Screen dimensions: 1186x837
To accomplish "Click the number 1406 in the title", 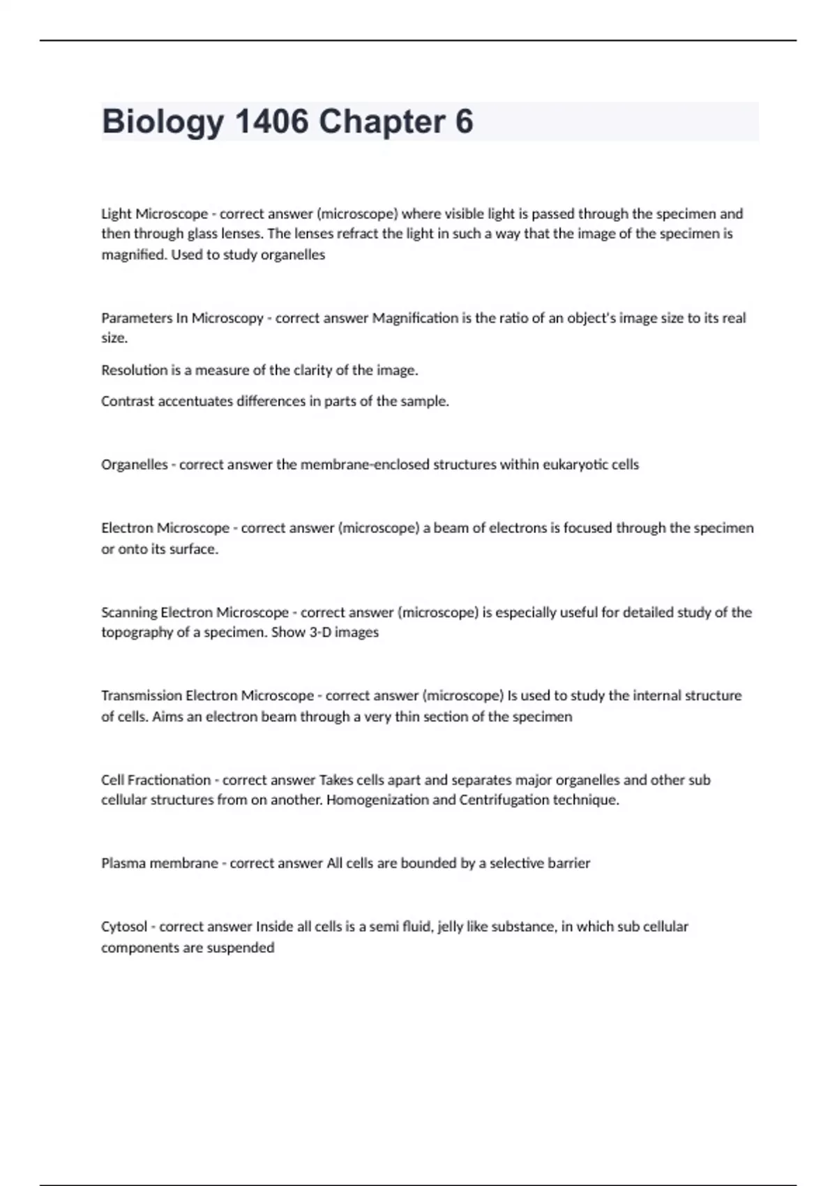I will [x=272, y=122].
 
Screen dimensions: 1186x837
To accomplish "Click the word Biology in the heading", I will [x=163, y=122].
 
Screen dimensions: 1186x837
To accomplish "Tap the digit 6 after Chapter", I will [x=464, y=122].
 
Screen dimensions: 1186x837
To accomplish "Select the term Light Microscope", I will [x=154, y=213].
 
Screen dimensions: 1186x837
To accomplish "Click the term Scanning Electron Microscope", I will [x=195, y=613].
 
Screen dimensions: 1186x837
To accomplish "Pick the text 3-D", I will [x=319, y=633].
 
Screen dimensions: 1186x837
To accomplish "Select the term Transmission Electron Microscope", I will [x=207, y=696].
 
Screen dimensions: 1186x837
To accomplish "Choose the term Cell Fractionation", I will [x=156, y=780].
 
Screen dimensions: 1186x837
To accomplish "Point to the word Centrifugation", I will [x=504, y=800].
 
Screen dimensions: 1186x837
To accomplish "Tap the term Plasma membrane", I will [x=159, y=864].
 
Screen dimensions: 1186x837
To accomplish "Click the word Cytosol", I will [x=124, y=927].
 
